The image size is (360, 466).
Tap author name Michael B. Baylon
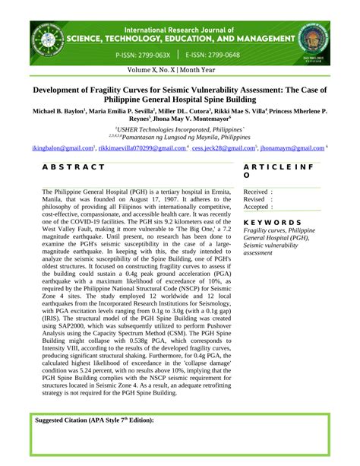(58, 111)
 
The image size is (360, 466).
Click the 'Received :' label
(258, 192)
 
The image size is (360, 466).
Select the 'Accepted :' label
(258, 206)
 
